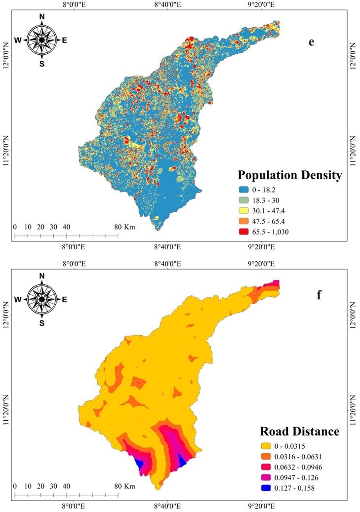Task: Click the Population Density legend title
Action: click(x=289, y=175)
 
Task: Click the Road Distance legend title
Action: click(x=300, y=432)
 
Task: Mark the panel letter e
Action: click(x=312, y=42)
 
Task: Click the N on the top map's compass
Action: click(x=42, y=17)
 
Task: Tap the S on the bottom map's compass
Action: click(x=42, y=323)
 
